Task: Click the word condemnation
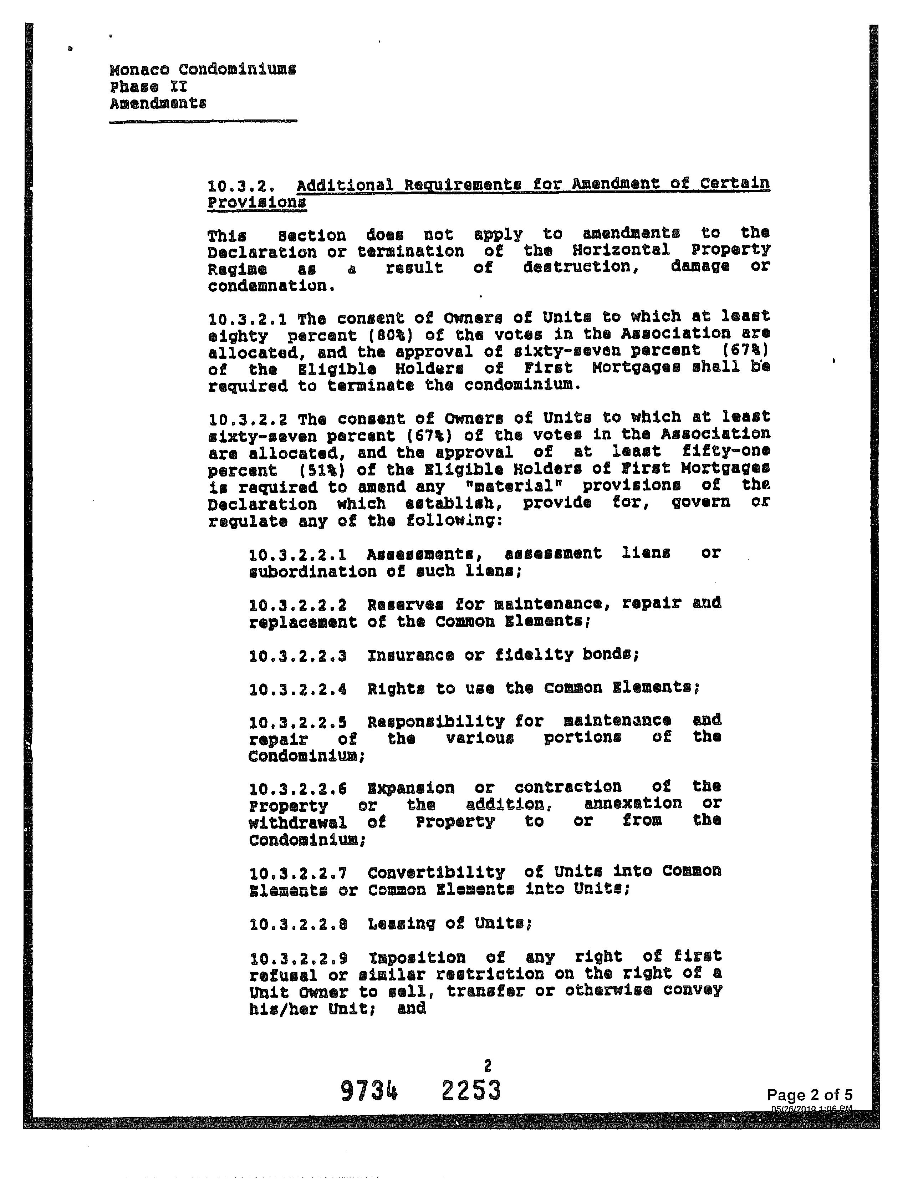270,286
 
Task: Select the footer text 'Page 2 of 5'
809,1094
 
